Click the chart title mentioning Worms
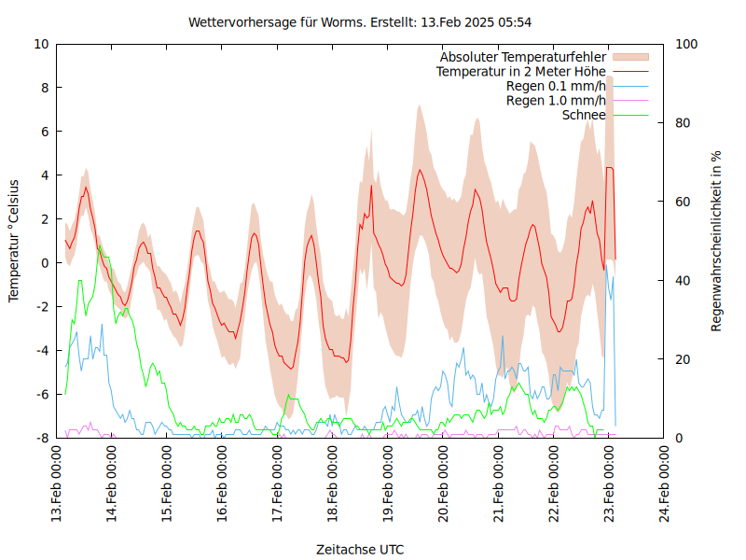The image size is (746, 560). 360,21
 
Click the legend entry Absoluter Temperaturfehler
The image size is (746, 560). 523,57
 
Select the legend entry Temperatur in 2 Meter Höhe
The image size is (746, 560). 521,72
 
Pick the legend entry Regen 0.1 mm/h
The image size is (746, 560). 556,86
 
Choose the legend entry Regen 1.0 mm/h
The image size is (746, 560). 556,101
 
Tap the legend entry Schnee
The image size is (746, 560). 584,115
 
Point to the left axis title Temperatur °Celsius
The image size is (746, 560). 14,240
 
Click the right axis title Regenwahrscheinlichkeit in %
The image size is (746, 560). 716,240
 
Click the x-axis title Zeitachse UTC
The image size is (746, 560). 360,549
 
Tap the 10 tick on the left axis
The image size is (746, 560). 41,44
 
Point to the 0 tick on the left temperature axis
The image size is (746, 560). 45,263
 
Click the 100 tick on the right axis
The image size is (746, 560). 686,44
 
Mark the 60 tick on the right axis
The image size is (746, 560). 683,202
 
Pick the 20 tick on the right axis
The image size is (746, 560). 683,359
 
